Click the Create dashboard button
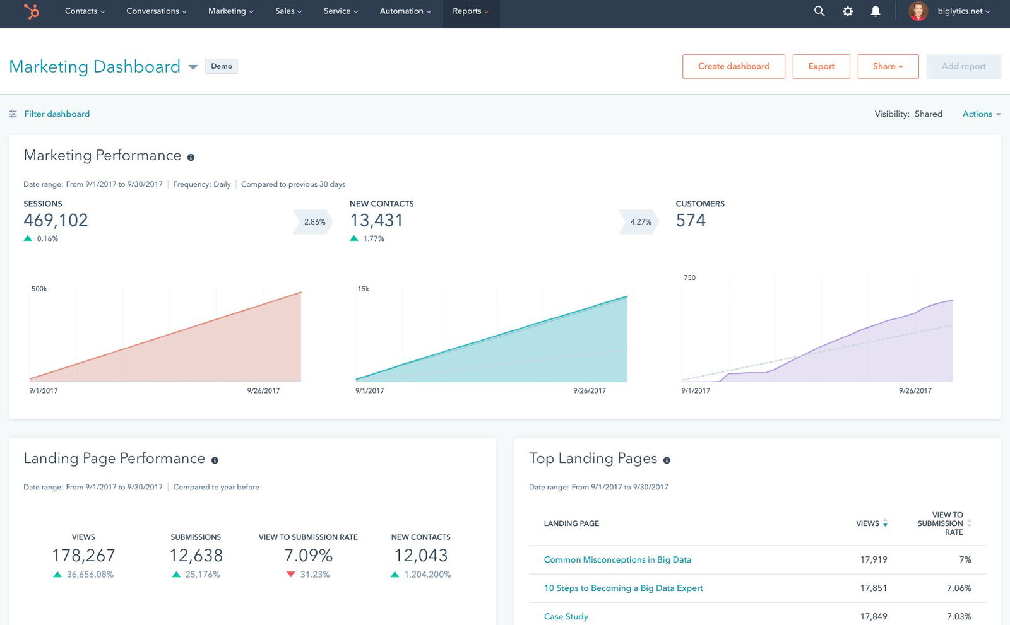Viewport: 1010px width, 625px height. click(734, 67)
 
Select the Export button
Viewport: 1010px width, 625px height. click(821, 67)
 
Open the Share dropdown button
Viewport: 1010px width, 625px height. click(888, 67)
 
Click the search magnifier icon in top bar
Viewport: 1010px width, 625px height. click(819, 11)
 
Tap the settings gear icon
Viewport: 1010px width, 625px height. click(848, 11)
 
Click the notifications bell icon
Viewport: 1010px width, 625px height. click(876, 11)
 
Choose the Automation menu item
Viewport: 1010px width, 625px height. click(405, 11)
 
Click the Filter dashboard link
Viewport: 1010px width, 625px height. click(57, 114)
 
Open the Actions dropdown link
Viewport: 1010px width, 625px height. click(981, 114)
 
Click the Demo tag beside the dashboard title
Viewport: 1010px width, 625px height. click(222, 66)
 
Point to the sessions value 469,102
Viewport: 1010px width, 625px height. click(56, 221)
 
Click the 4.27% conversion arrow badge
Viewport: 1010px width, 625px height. click(640, 222)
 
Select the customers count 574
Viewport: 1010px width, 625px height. click(691, 221)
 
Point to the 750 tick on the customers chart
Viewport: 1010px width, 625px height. click(689, 277)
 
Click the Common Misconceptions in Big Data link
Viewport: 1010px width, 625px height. click(617, 560)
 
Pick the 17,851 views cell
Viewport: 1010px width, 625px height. click(873, 588)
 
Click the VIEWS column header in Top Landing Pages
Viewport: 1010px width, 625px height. click(867, 523)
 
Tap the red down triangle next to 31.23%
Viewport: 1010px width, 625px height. click(290, 575)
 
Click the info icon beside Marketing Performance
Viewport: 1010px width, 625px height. click(191, 157)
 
